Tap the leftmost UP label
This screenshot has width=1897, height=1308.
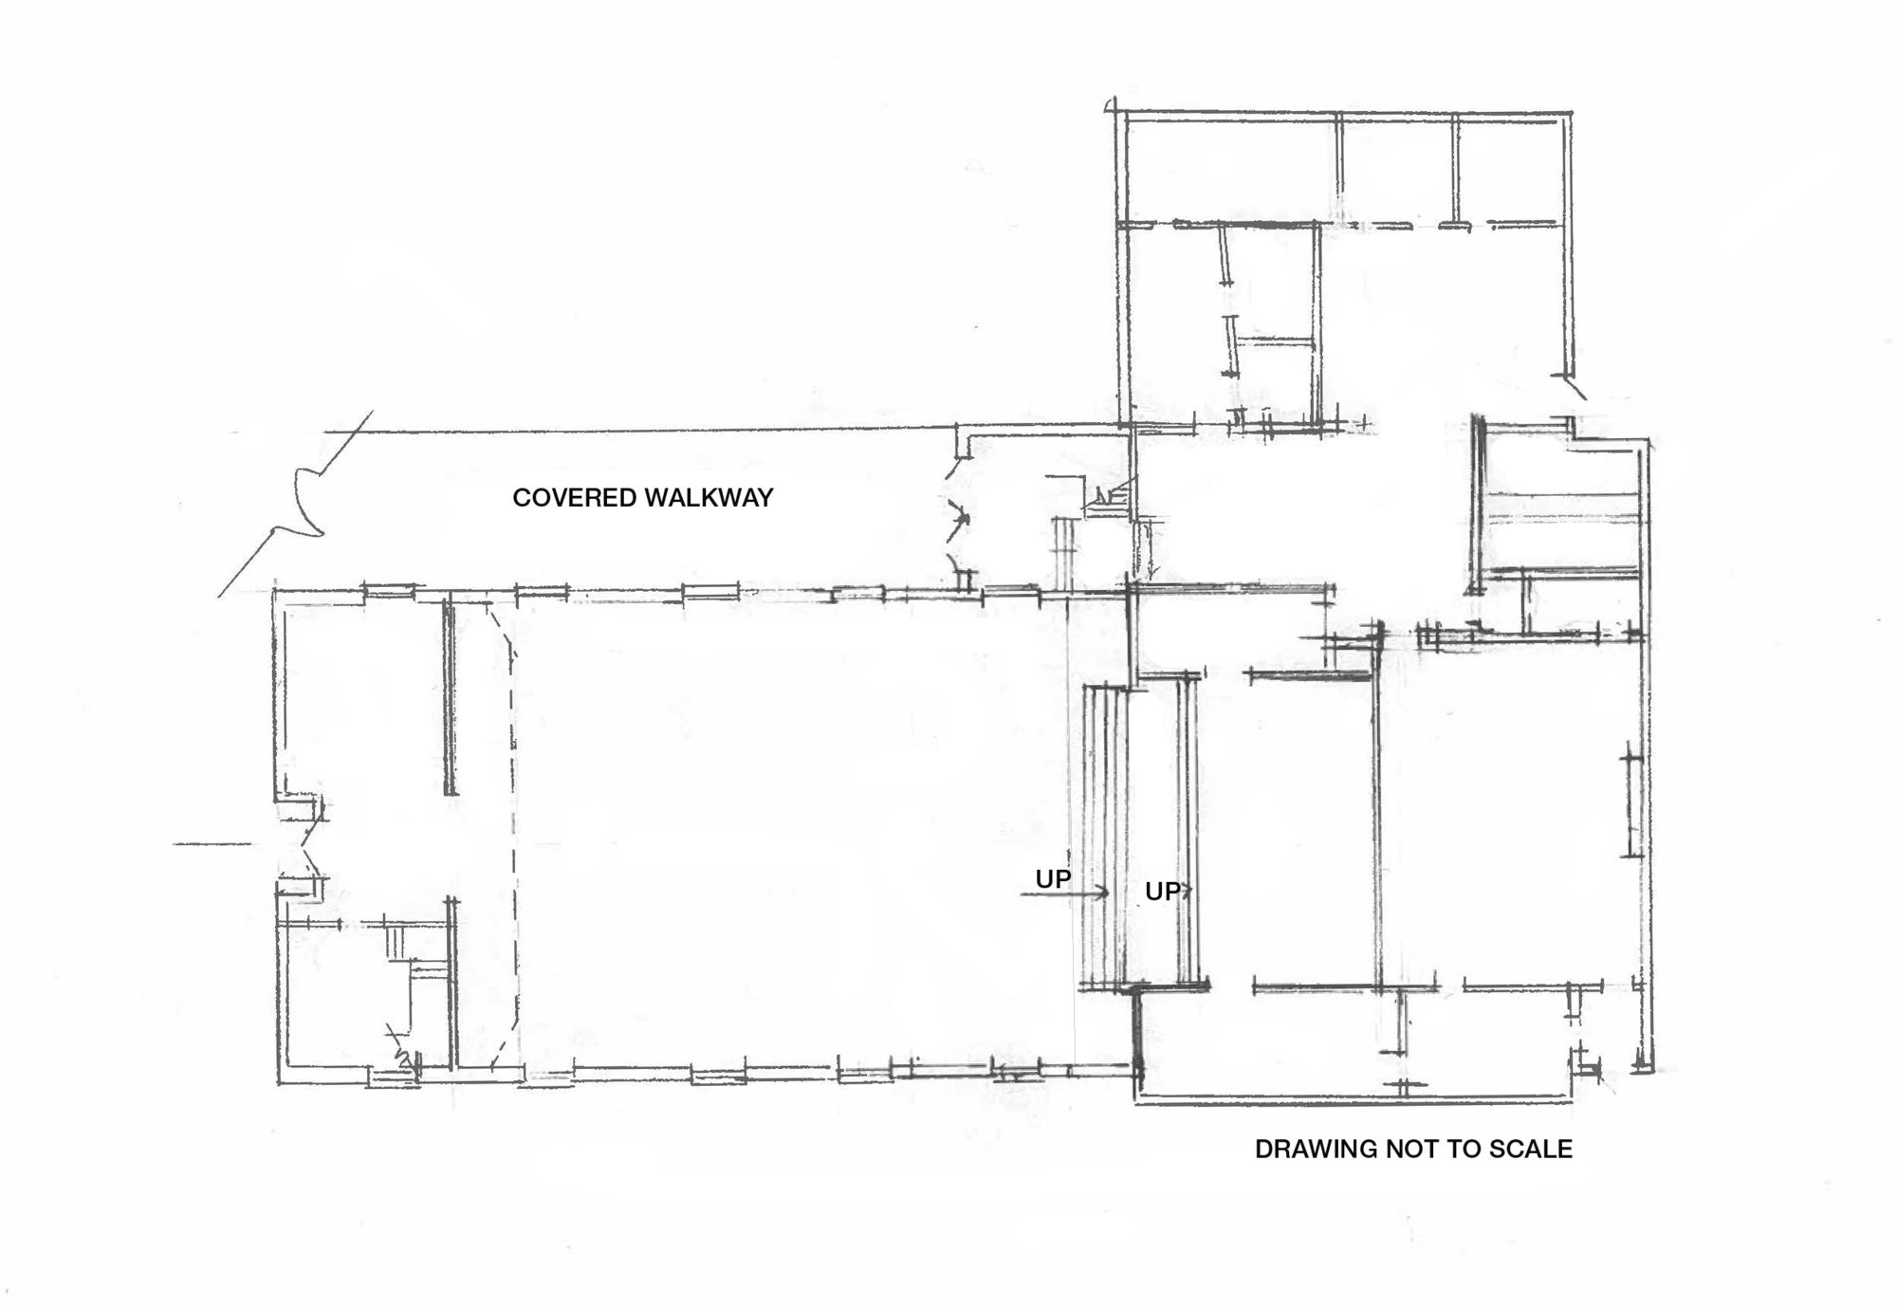point(1053,879)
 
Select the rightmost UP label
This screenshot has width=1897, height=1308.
point(1163,892)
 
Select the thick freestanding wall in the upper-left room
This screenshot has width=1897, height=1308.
point(450,698)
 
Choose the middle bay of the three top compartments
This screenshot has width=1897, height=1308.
point(1398,169)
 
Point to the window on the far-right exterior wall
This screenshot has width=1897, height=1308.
point(1631,801)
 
